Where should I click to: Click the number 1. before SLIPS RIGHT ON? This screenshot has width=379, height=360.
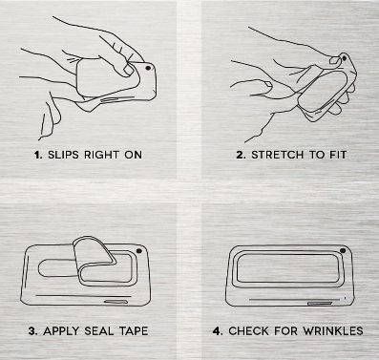[x=38, y=155]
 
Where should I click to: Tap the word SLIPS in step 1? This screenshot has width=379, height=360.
[x=63, y=155]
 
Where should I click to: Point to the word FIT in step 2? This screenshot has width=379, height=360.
[x=337, y=155]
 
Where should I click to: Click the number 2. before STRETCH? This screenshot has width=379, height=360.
[x=242, y=155]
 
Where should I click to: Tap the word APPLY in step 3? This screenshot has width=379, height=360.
[x=61, y=331]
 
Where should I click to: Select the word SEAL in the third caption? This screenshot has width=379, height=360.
[x=99, y=331]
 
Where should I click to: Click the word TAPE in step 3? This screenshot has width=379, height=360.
[x=134, y=331]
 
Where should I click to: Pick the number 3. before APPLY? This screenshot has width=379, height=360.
[x=33, y=331]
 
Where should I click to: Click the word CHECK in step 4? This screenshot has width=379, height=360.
[x=248, y=331]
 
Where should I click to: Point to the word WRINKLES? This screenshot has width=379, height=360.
[x=333, y=331]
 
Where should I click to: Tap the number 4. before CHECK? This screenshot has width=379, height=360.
[x=218, y=331]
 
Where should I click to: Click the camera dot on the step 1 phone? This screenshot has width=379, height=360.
[x=148, y=68]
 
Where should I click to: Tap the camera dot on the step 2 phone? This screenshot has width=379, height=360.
[x=344, y=58]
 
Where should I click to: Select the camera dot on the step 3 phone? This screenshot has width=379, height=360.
[x=139, y=251]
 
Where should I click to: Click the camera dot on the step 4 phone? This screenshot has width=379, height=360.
[x=343, y=251]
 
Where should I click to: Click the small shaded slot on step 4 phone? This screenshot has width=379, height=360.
[x=320, y=304]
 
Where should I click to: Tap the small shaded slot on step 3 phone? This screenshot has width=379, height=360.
[x=116, y=301]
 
